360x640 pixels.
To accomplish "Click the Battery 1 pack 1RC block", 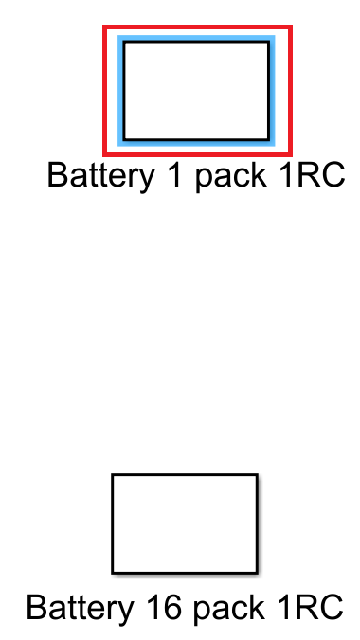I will [196, 90].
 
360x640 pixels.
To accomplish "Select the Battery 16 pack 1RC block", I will [184, 524].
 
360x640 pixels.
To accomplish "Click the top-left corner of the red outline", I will [104, 27].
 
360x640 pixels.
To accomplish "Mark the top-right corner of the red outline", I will [290, 27].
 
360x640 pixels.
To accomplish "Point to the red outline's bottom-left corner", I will [104, 154].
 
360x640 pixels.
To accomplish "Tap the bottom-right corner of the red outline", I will [290, 154].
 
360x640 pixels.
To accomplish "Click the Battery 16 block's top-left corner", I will [113, 475].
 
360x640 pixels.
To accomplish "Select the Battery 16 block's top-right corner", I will [257, 475].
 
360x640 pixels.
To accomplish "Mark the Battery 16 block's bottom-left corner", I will [113, 573].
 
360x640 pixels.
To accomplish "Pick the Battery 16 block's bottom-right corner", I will [257, 573].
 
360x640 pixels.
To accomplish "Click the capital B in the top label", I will [57, 175].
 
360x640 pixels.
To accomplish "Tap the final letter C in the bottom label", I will [330, 607].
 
